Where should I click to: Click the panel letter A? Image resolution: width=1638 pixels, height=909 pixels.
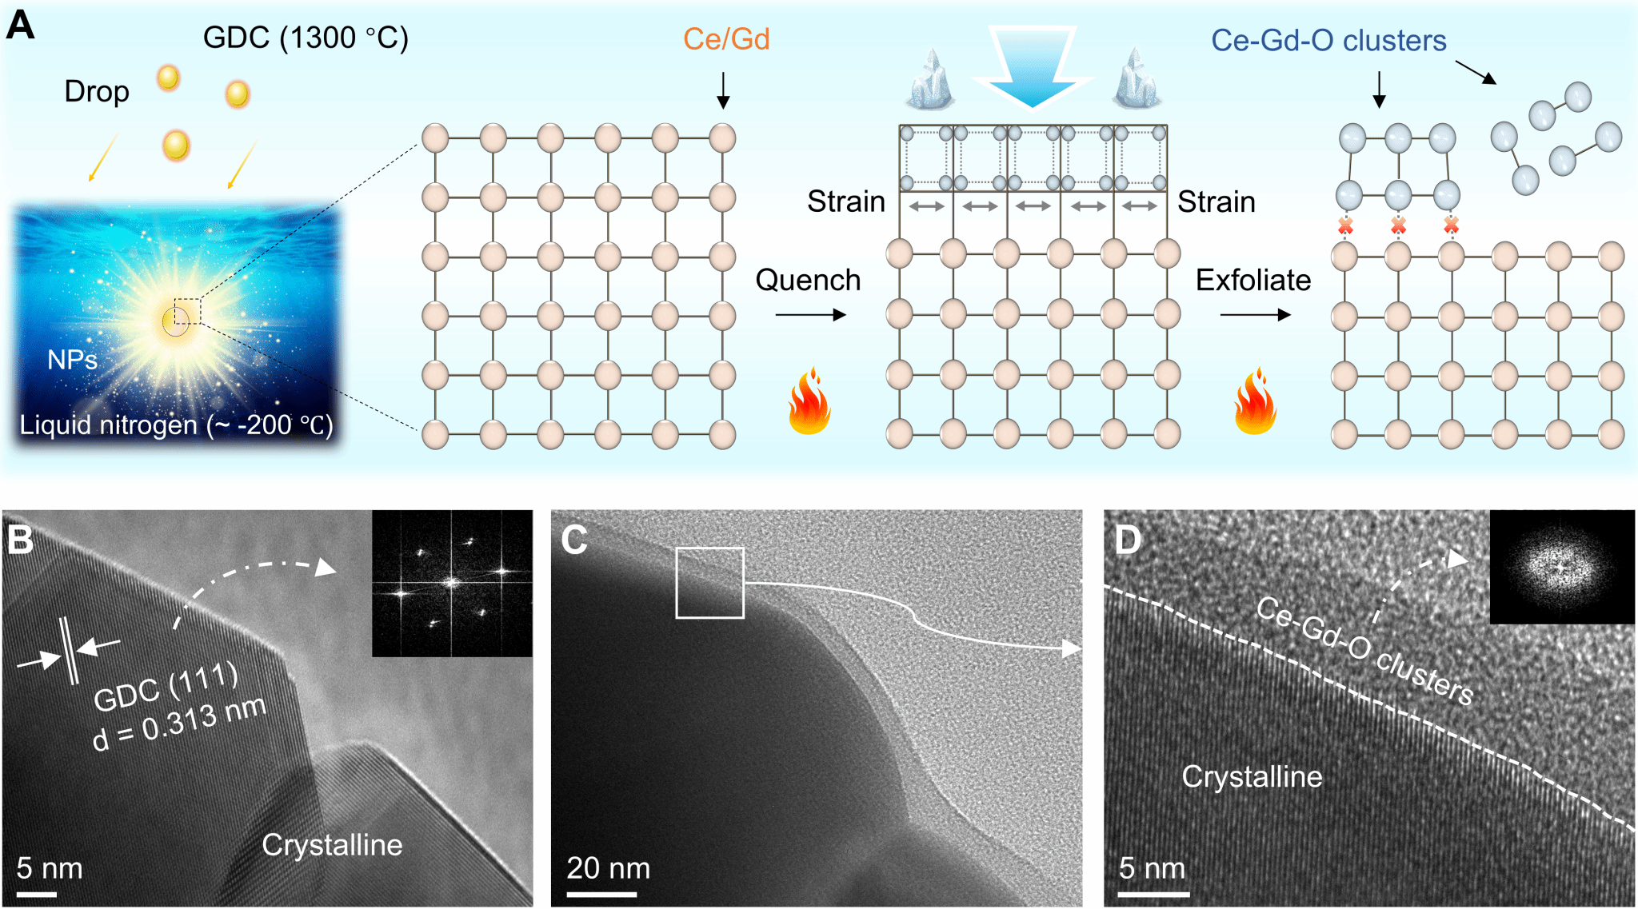pos(20,25)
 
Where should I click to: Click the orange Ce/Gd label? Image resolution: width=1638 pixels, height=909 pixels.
pos(726,39)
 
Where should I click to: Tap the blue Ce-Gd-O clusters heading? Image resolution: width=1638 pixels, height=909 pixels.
pos(1328,41)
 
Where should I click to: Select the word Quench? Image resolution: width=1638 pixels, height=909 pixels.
pos(808,280)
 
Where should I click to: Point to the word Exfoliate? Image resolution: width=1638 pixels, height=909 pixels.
pos(1253,280)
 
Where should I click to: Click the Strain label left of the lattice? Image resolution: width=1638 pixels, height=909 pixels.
pos(846,201)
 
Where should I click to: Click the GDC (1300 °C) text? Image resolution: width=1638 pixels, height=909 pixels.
pos(306,38)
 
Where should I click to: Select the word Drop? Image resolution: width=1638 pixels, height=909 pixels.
pos(97,92)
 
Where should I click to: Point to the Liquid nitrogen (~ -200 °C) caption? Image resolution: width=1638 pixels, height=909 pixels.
pos(176,425)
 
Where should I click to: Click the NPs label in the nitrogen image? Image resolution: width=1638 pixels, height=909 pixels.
pos(72,360)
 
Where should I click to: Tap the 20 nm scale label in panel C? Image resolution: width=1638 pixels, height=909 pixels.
pos(608,868)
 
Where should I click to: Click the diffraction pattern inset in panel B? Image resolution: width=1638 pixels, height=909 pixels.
pos(453,584)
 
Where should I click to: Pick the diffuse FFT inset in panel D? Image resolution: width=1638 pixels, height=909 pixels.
pos(1562,567)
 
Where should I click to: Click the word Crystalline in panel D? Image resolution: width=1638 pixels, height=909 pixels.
pos(1252,777)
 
